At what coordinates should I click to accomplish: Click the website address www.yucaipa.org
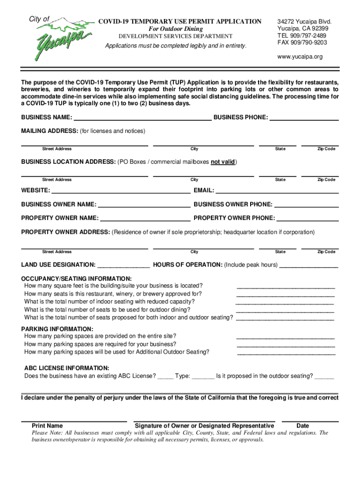pos(300,57)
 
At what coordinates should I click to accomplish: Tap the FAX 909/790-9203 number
pos(302,43)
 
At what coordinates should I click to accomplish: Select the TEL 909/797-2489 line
pos(302,36)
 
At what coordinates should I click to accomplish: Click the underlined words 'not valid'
pos(223,162)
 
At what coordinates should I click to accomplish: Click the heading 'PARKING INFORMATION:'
pos(57,329)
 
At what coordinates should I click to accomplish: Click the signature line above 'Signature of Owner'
pos(204,421)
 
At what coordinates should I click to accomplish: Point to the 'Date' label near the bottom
pos(302,426)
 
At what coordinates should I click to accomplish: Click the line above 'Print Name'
pos(74,421)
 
